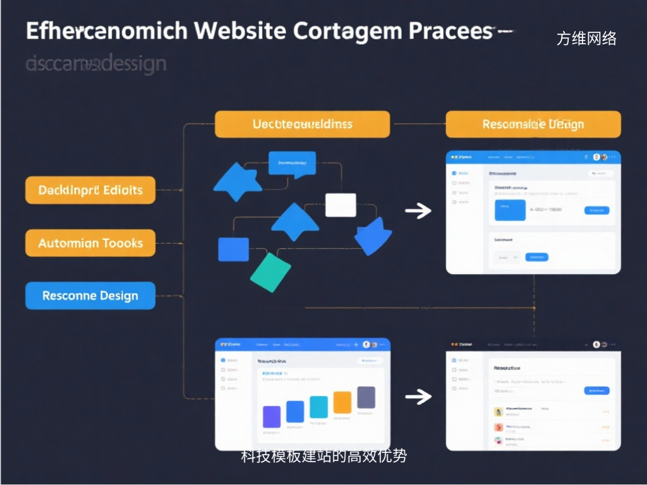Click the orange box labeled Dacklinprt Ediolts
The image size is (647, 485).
[90, 190]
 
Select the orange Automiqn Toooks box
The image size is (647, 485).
[90, 243]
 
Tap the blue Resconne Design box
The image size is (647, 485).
[90, 296]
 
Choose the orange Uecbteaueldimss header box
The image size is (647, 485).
[303, 124]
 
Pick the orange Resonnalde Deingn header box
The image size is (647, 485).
[533, 124]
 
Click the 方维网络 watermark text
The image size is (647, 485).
[586, 39]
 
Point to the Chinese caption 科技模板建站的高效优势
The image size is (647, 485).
[323, 456]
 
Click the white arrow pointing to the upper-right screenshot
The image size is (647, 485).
[418, 211]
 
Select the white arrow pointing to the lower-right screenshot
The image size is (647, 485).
[418, 397]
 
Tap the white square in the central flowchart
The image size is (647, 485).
[341, 205]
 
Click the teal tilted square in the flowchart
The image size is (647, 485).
[270, 272]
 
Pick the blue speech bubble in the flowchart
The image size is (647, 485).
[291, 164]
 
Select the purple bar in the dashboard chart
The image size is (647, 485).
[271, 417]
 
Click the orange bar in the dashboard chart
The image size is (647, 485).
[342, 402]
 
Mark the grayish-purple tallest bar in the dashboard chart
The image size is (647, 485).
[366, 397]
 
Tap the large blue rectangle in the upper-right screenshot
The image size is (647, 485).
[509, 210]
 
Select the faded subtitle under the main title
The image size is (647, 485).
[96, 63]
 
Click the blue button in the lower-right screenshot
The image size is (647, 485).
[596, 390]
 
